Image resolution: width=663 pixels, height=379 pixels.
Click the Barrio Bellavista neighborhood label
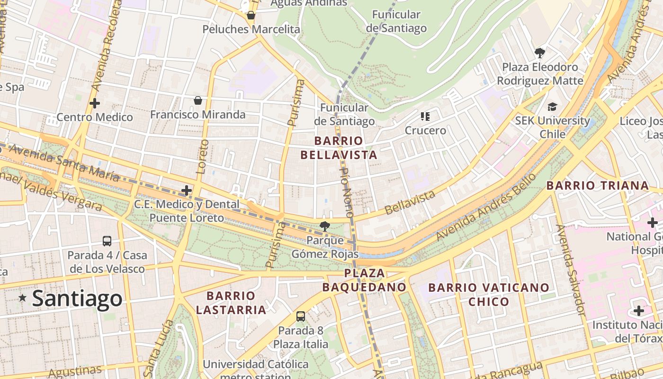pyautogui.click(x=339, y=148)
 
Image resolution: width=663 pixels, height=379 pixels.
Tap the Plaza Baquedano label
pyautogui.click(x=364, y=280)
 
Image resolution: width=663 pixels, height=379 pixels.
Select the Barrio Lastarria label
pyautogui.click(x=231, y=303)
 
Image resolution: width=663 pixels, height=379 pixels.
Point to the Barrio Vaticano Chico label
pyautogui.click(x=489, y=294)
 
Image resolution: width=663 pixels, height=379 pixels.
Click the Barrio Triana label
pyautogui.click(x=598, y=185)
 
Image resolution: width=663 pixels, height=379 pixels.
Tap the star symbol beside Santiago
pyautogui.click(x=22, y=298)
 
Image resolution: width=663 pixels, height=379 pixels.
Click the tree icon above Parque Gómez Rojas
pyautogui.click(x=324, y=226)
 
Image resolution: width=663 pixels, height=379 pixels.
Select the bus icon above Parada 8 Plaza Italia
pyautogui.click(x=300, y=316)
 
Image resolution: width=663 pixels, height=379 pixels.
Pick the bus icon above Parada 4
pyautogui.click(x=107, y=241)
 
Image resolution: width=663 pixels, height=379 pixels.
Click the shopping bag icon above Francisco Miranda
pyautogui.click(x=198, y=100)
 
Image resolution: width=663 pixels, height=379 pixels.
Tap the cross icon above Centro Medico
pyautogui.click(x=95, y=103)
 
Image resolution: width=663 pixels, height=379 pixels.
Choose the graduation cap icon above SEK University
pyautogui.click(x=552, y=107)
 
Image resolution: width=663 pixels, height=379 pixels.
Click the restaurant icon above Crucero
pyautogui.click(x=425, y=116)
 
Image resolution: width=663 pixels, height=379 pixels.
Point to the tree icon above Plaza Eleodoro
pyautogui.click(x=539, y=53)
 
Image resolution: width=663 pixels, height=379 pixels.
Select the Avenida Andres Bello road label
pyautogui.click(x=486, y=207)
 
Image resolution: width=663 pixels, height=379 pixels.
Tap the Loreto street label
pyautogui.click(x=202, y=156)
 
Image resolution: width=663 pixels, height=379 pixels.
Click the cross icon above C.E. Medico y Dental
pyautogui.click(x=187, y=190)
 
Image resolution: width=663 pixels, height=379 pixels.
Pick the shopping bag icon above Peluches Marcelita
pyautogui.click(x=251, y=15)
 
